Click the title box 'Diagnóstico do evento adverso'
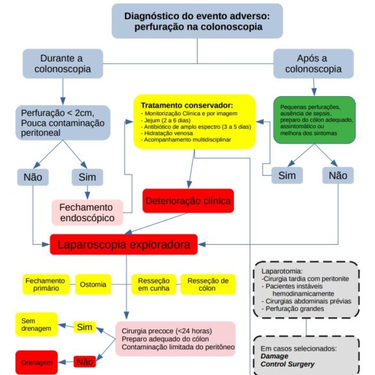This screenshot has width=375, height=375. click(x=197, y=21)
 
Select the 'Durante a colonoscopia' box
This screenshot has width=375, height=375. click(x=63, y=63)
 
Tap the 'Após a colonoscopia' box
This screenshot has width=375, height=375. click(x=313, y=63)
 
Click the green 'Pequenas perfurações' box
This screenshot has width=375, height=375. click(x=315, y=120)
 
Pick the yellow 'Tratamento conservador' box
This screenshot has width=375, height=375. click(x=194, y=122)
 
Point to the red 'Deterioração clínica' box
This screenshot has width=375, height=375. click(x=188, y=201)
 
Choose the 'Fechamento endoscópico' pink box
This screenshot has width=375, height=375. click(x=88, y=213)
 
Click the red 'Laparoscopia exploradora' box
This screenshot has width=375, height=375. click(x=124, y=244)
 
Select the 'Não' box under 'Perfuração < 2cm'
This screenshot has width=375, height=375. click(x=33, y=177)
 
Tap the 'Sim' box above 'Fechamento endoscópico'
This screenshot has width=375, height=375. click(x=87, y=177)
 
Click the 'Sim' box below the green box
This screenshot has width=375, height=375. click(x=287, y=175)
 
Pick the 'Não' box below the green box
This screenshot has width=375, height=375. click(x=338, y=175)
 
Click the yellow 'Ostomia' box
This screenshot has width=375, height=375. click(x=94, y=285)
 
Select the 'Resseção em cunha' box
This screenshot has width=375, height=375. click(x=154, y=285)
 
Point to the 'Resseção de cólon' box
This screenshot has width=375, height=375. click(x=208, y=285)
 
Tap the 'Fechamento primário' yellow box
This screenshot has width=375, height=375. click(x=46, y=285)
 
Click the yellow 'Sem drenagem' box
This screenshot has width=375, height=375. click(x=37, y=324)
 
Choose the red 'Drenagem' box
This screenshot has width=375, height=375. click(x=37, y=362)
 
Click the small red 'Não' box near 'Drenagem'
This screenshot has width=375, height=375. click(x=85, y=362)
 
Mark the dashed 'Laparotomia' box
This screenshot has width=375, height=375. click(x=306, y=290)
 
